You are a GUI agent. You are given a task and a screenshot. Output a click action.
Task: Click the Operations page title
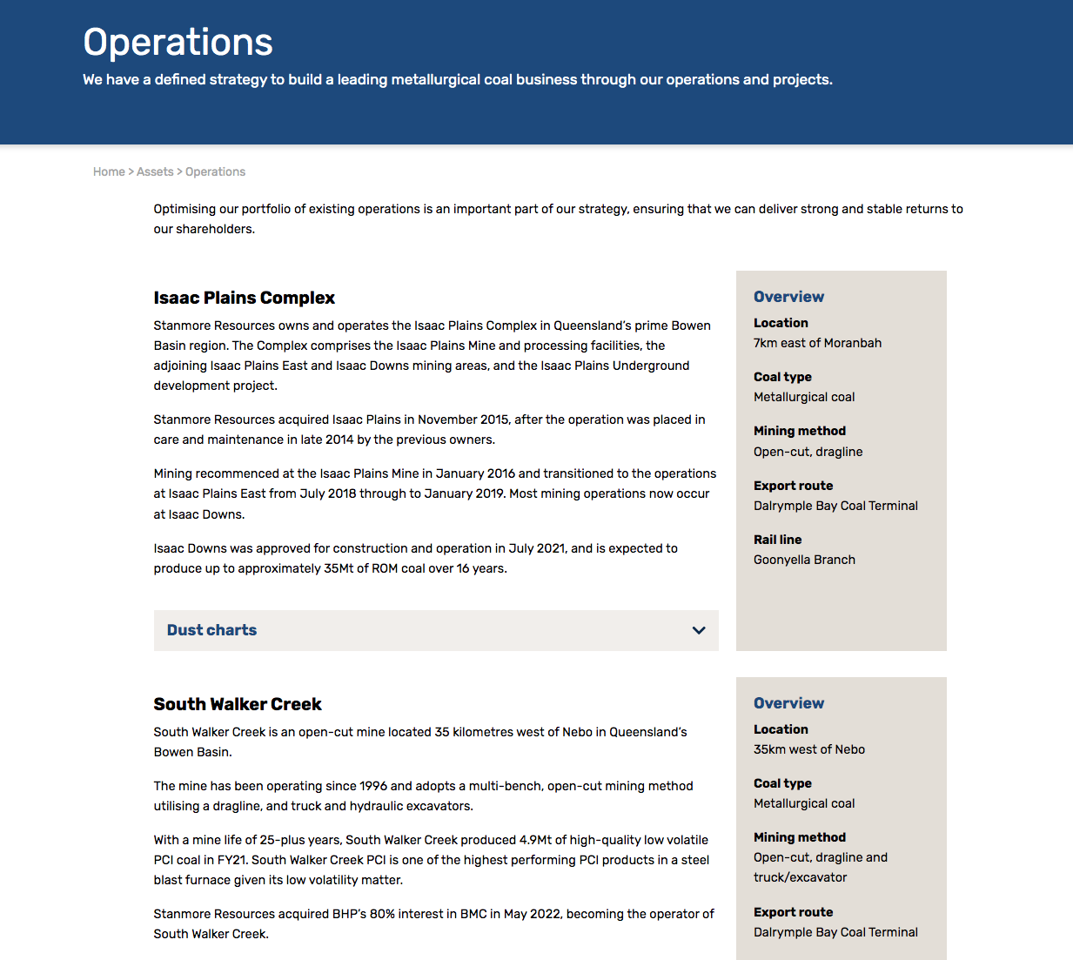point(178,43)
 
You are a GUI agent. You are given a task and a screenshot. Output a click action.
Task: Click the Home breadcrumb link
point(109,171)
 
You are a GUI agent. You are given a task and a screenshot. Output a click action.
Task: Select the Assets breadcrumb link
point(155,171)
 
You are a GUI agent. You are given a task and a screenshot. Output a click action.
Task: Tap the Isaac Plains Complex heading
point(244,298)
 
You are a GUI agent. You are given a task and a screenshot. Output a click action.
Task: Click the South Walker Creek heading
point(238,704)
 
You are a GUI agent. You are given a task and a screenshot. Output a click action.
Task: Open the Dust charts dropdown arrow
point(698,630)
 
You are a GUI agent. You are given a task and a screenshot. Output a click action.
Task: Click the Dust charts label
point(211,630)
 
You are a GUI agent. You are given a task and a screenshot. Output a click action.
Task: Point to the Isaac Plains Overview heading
point(788,297)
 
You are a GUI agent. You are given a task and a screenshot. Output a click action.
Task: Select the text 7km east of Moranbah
point(817,343)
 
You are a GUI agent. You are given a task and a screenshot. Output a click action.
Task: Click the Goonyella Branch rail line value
point(804,560)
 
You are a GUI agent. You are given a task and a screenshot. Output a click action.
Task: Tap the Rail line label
point(777,540)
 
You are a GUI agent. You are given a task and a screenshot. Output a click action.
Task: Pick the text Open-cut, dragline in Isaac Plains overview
point(808,452)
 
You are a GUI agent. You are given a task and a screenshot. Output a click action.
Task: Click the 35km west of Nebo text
point(808,749)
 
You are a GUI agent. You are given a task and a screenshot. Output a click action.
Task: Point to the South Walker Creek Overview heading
point(788,703)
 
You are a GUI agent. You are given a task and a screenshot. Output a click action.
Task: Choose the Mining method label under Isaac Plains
point(799,431)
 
